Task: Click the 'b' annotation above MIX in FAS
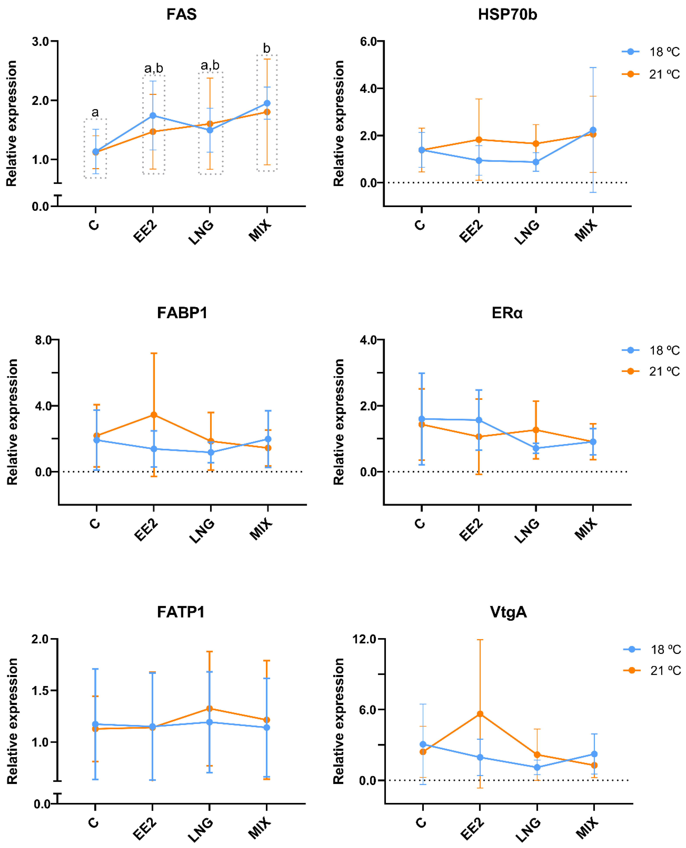click(x=267, y=48)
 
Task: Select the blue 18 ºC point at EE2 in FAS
click(x=153, y=115)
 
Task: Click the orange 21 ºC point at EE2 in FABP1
click(x=154, y=415)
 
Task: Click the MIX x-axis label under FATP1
click(x=260, y=828)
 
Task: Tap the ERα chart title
click(x=507, y=313)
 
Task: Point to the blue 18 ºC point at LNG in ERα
click(x=536, y=448)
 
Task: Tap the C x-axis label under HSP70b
click(x=420, y=225)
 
